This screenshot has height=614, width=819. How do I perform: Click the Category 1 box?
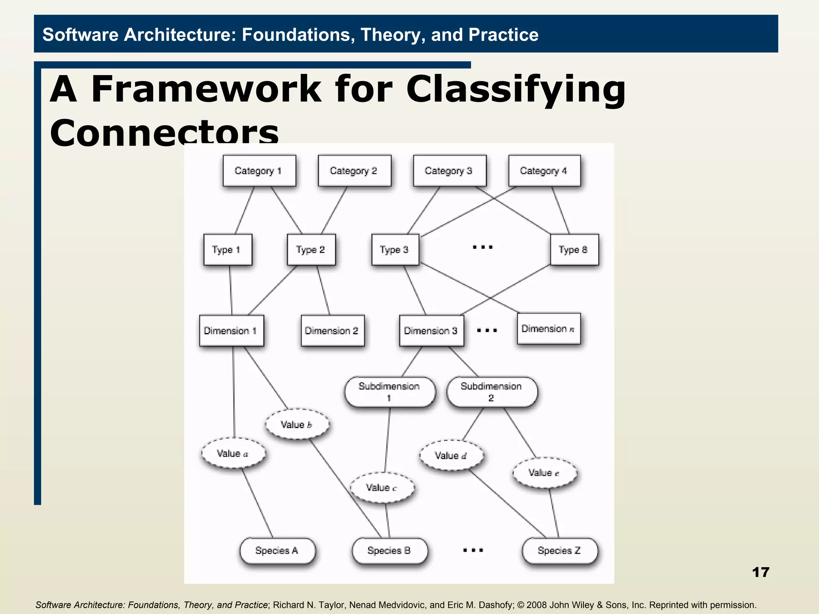click(x=259, y=171)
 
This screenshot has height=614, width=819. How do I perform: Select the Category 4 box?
click(x=544, y=171)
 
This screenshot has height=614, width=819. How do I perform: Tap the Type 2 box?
click(x=311, y=250)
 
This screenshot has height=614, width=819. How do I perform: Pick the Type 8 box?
click(x=574, y=250)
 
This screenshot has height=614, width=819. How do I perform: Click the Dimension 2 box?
click(x=332, y=331)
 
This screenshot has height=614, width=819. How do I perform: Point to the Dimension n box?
click(x=548, y=329)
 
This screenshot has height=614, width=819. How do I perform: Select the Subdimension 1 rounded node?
click(x=390, y=392)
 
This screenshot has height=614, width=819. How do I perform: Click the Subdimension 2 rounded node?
click(x=491, y=392)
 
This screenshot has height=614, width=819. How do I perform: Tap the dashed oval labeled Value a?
click(x=233, y=453)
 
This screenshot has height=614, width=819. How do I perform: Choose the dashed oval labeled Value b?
click(x=297, y=425)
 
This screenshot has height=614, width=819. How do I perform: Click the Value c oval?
click(x=382, y=488)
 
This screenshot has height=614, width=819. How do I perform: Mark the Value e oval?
click(x=545, y=473)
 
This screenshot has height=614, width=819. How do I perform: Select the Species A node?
click(x=277, y=550)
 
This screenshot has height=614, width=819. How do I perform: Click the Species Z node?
click(x=559, y=550)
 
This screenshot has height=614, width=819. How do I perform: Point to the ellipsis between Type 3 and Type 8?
click(x=483, y=247)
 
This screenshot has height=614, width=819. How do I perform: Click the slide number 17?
click(x=760, y=572)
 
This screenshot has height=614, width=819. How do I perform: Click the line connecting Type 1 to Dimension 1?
click(x=230, y=290)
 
